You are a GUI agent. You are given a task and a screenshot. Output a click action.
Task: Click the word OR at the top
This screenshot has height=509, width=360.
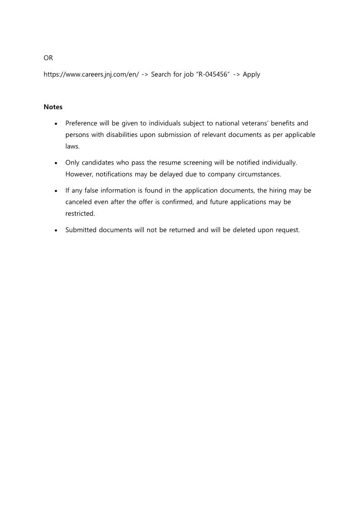point(48,58)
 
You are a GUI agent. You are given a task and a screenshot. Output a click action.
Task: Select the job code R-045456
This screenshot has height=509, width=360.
point(212,74)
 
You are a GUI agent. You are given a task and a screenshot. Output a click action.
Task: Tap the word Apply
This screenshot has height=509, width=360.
point(252,74)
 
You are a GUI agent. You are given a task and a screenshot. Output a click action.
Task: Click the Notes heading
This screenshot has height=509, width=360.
point(53,107)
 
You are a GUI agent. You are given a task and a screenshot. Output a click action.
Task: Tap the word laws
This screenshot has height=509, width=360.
point(72,146)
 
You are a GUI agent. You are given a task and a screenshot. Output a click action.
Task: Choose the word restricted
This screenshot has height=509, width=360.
point(80,213)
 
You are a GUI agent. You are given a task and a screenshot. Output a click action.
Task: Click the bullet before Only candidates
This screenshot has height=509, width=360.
point(56,162)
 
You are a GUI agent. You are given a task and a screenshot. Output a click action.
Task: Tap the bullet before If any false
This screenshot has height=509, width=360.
point(56,191)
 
